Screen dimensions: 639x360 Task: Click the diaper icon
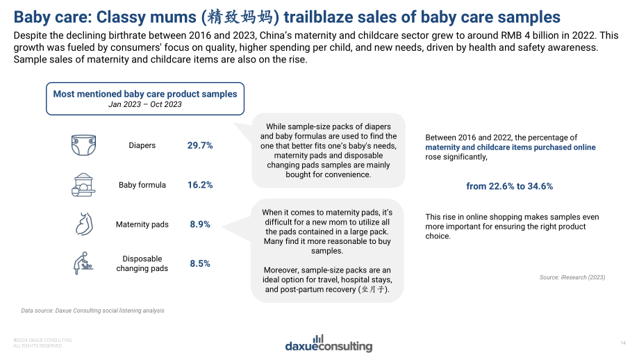83,145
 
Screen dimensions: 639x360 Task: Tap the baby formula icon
83,185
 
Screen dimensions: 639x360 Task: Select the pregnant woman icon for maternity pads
84,224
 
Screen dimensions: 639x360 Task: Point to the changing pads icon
83,263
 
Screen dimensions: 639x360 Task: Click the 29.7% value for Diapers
200,145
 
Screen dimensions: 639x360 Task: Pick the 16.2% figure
200,185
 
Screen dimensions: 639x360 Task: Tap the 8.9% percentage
200,224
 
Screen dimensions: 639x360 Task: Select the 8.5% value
200,264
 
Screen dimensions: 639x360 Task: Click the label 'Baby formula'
142,185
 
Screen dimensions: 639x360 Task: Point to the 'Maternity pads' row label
142,224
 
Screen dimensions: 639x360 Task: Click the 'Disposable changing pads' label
142,264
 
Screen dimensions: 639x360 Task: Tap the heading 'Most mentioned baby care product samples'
145,95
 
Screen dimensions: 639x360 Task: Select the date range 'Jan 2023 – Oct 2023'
145,104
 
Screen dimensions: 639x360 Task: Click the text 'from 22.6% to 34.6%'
510,186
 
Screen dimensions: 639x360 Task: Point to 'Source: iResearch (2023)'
572,277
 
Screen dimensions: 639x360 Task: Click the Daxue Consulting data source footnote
93,311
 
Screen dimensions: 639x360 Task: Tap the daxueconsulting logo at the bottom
329,344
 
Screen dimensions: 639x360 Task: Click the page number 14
623,343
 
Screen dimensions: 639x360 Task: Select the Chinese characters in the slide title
240,17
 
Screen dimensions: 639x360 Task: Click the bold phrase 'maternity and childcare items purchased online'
511,147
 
